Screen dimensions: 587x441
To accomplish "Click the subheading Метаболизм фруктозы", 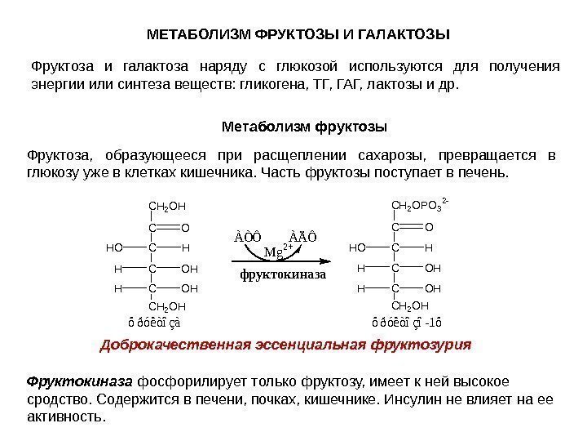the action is (x=304, y=127).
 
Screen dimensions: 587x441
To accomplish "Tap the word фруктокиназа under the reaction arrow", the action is (x=281, y=274).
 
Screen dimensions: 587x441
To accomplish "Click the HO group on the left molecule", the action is (x=115, y=246).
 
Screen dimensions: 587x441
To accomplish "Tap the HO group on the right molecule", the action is (x=357, y=246).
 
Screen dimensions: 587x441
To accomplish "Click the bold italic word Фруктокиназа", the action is (x=80, y=381).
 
